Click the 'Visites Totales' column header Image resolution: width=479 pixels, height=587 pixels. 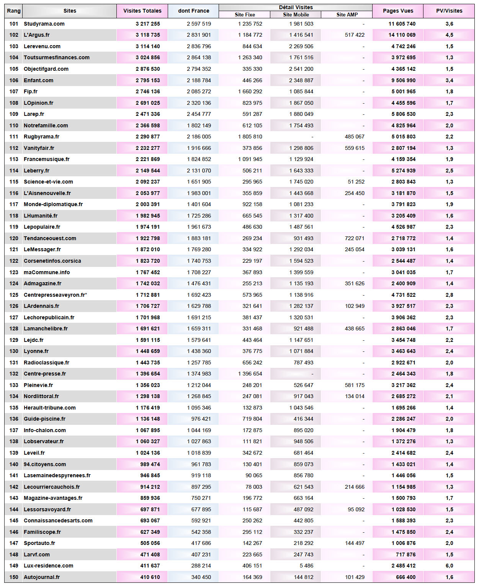tap(142, 11)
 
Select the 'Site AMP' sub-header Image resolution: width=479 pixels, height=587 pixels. tap(347, 15)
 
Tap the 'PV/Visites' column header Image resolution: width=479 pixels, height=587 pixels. tap(449, 11)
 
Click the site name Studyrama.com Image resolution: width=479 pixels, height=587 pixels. tap(44, 24)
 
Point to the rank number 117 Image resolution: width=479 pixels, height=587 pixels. tap(14, 204)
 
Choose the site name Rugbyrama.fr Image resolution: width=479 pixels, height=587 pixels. tap(41, 137)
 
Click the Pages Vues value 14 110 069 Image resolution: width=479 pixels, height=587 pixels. tap(402, 35)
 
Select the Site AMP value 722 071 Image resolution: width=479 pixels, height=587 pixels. tap(355, 238)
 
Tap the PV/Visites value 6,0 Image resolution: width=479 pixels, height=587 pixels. tap(449, 566)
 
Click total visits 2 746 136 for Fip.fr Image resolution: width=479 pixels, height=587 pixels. tap(148, 91)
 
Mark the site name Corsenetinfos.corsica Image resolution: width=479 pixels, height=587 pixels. tap(52, 261)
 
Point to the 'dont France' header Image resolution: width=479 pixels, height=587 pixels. tap(193, 11)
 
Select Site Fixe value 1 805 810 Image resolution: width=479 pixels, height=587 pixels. tap(250, 137)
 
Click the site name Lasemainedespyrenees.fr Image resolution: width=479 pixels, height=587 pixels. tap(57, 475)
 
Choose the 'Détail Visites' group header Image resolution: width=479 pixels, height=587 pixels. tap(296, 7)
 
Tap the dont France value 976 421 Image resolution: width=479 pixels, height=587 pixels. tap(201, 419)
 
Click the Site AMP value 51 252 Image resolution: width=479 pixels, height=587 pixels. tap(356, 182)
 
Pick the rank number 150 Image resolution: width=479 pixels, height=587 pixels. tap(14, 577)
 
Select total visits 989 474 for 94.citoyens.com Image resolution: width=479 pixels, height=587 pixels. tap(150, 464)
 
